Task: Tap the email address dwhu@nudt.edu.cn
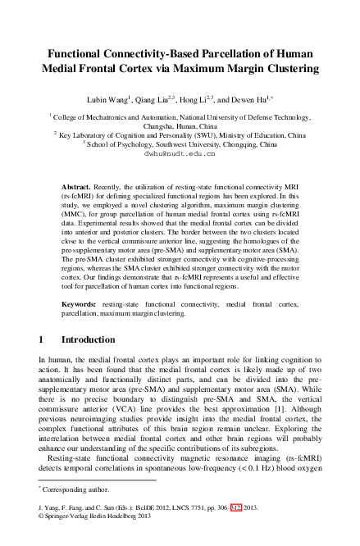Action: point(180,152)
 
